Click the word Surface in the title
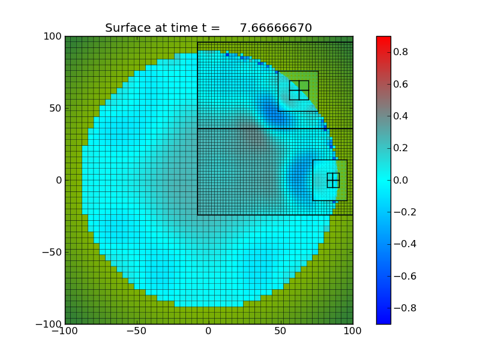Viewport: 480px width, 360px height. tap(126, 28)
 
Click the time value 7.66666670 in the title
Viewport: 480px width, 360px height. tap(275, 28)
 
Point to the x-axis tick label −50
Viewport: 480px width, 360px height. tap(136, 331)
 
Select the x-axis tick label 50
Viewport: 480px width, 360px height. tap(281, 331)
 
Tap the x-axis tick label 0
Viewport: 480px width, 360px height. tap(209, 331)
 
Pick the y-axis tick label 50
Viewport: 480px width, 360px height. tap(53, 108)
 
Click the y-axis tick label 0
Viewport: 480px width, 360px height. tap(58, 180)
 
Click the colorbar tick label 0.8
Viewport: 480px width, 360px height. tap(401, 52)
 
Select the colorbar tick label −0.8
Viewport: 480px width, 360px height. tap(398, 308)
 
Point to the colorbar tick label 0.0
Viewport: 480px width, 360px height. tap(401, 180)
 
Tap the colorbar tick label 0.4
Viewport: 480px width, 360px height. tap(401, 116)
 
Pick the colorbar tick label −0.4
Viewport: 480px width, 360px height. tap(398, 244)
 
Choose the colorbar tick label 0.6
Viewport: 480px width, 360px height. tap(401, 84)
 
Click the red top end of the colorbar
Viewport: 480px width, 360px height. tap(383, 40)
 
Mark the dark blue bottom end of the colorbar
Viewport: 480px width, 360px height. tap(383, 320)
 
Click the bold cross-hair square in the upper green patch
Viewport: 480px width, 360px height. tap(299, 90)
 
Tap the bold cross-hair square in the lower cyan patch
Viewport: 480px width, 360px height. tap(333, 180)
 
